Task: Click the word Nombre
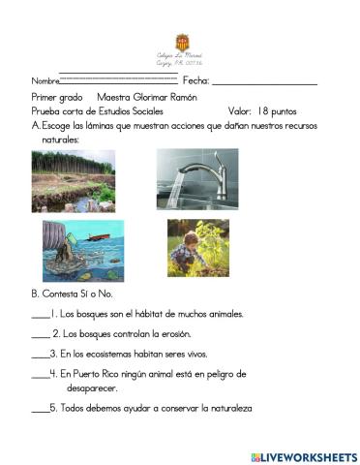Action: tap(45, 81)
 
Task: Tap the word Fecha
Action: tap(195, 80)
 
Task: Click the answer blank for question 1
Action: tap(40, 316)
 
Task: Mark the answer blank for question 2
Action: tap(40, 335)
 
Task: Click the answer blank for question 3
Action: tap(40, 355)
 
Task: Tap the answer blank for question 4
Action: tap(40, 374)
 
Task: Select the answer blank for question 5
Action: tap(40, 409)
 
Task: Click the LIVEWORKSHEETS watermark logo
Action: tap(303, 456)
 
